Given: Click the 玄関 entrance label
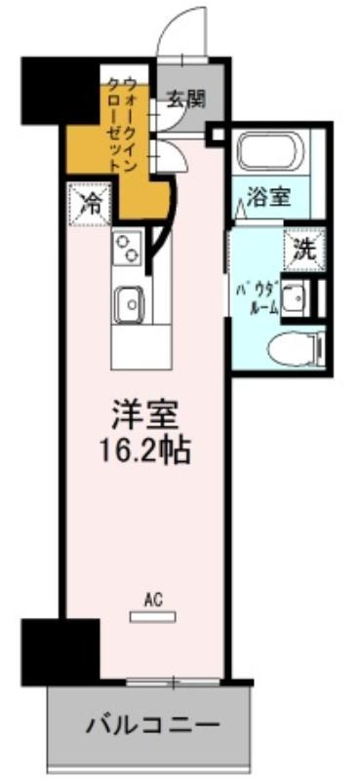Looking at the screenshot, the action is point(185,100).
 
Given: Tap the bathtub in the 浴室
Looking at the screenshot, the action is point(271,150).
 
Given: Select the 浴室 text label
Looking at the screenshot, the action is point(269,198).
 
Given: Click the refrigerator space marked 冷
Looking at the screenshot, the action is point(90,204).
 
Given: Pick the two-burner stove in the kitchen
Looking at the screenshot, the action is point(127,249).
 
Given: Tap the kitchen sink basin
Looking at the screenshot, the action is point(129,304).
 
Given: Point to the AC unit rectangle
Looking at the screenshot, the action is point(152,617).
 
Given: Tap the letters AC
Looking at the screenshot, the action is point(152,601).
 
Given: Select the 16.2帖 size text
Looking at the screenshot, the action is point(144,451).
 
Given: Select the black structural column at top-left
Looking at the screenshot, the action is point(60,91).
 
